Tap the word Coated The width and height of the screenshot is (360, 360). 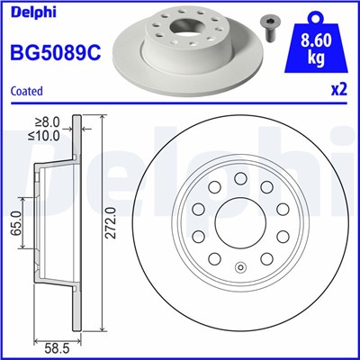(x=26, y=90)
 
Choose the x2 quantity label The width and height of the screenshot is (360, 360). (x=337, y=90)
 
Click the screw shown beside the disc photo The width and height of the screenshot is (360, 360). (x=269, y=24)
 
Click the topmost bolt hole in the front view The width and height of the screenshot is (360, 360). (x=240, y=177)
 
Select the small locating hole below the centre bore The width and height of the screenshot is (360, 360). (x=240, y=267)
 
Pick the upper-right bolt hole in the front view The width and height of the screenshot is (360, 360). (x=267, y=186)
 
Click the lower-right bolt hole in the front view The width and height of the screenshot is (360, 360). (x=266, y=259)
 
